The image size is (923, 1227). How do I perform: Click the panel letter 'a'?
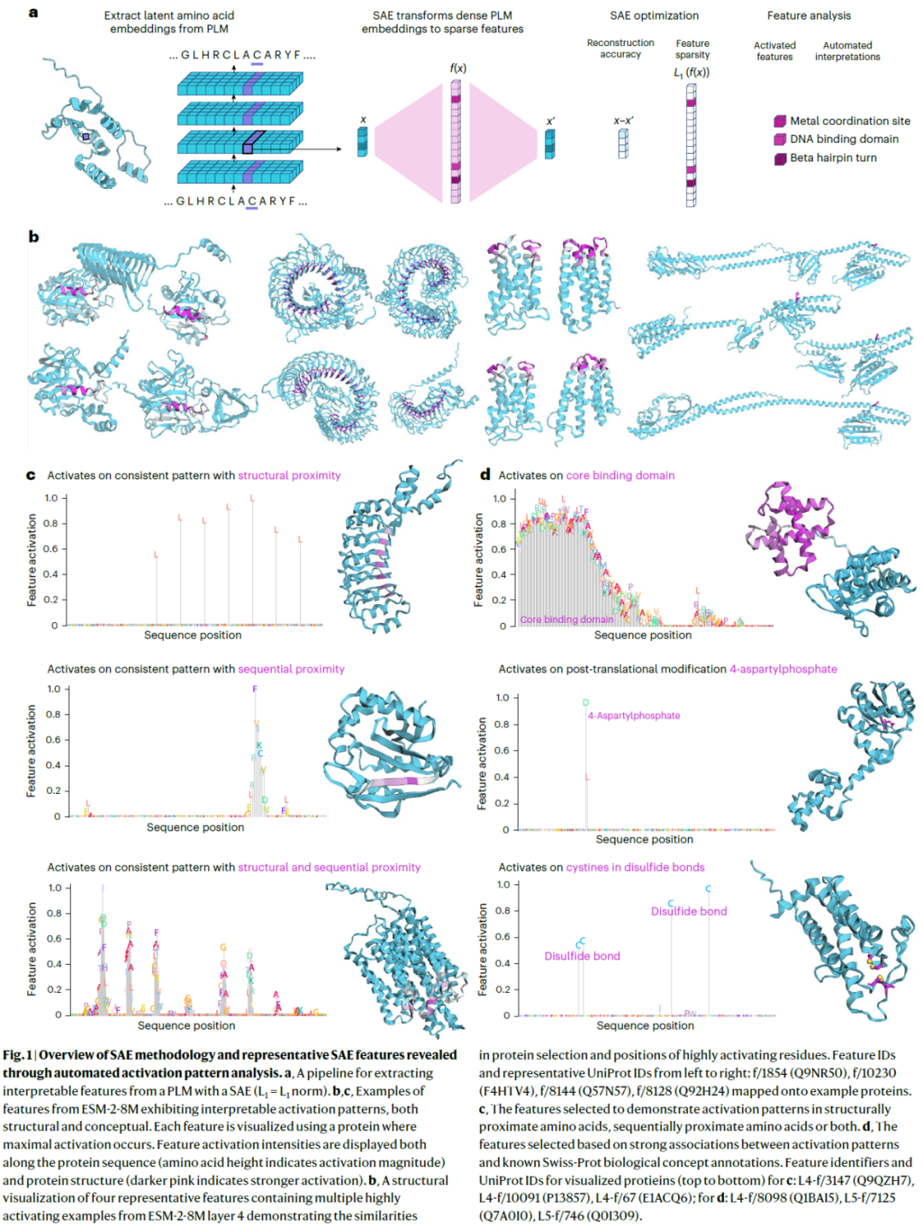33,13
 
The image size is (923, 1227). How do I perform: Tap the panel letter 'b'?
33,237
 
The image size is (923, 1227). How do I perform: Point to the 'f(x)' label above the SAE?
458,68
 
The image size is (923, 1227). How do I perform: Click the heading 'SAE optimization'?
654,15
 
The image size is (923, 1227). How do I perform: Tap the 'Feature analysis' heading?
808,15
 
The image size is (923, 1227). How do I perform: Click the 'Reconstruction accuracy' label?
620,49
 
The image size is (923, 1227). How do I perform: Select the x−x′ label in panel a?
623,120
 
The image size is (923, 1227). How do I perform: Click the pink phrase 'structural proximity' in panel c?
289,476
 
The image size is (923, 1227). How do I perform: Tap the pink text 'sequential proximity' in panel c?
291,669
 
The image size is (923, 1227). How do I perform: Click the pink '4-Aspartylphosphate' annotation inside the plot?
634,716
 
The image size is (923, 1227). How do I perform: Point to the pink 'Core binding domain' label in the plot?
567,619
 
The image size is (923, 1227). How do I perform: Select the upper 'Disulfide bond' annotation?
689,912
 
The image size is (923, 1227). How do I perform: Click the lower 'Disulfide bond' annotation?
582,956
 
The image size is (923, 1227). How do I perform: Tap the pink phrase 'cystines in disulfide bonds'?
635,867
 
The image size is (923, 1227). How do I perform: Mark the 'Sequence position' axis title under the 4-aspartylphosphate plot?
644,839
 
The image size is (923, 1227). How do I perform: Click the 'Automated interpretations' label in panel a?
847,51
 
